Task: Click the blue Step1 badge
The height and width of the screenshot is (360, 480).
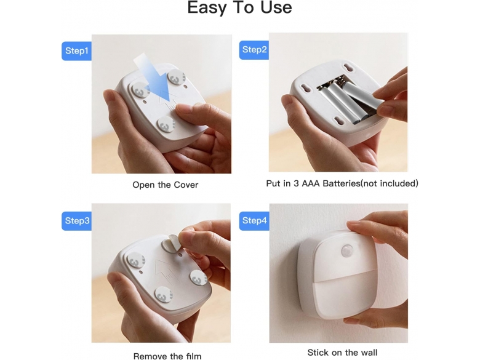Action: click(76, 51)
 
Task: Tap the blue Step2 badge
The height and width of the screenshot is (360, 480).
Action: click(254, 50)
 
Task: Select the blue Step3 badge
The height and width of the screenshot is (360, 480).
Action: click(76, 221)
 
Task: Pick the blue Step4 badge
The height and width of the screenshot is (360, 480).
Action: click(254, 221)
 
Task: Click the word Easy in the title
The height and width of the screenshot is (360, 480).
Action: click(207, 7)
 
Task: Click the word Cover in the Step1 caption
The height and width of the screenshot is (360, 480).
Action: click(186, 185)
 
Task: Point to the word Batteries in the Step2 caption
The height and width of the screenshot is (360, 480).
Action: click(342, 183)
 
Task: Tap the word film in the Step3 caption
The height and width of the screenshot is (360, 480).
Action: click(193, 356)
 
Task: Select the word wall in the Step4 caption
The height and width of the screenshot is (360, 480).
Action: click(368, 353)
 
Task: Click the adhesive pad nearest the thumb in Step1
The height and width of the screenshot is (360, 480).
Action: click(166, 124)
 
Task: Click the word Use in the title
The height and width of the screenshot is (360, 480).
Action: click(276, 7)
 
